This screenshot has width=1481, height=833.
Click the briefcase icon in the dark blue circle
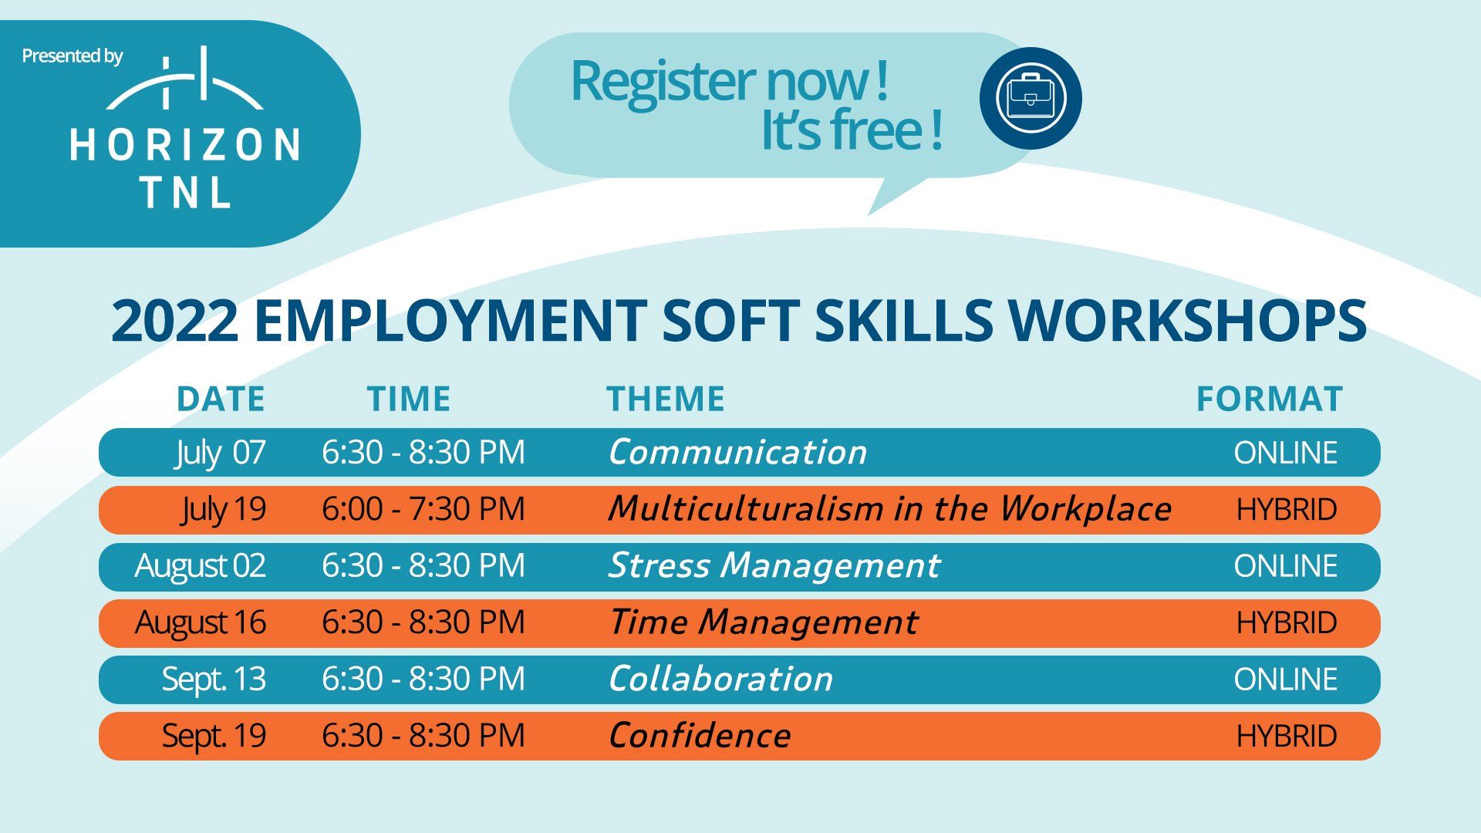(x=1031, y=98)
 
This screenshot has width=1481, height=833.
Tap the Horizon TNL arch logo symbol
(x=185, y=78)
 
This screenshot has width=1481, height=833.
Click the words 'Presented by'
(x=73, y=56)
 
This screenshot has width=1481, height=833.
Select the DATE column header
(x=221, y=399)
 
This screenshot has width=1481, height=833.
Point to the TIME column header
(x=409, y=399)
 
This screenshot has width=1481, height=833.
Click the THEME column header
(x=666, y=399)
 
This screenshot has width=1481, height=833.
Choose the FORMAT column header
(x=1270, y=399)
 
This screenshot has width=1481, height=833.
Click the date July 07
(x=221, y=453)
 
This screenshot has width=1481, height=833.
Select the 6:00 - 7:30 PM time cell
(x=423, y=509)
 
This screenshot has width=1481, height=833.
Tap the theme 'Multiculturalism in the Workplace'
(x=889, y=509)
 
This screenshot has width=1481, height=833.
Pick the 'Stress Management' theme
(x=774, y=566)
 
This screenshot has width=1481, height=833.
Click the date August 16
(x=201, y=622)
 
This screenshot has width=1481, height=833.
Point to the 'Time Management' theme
(x=764, y=622)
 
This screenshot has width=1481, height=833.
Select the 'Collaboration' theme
(x=720, y=679)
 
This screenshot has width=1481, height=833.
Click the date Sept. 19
(x=214, y=736)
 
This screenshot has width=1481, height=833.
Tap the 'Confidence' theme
(x=700, y=735)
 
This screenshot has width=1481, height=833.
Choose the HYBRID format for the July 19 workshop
(x=1287, y=509)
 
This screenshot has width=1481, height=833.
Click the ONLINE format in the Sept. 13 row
(x=1285, y=680)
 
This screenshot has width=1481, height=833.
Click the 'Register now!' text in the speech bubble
(x=730, y=81)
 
